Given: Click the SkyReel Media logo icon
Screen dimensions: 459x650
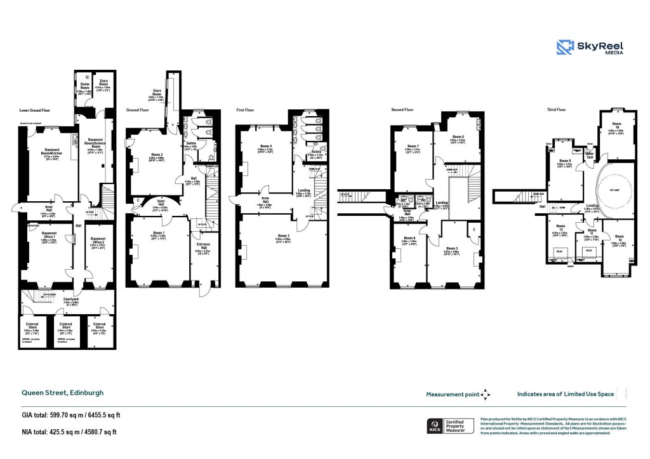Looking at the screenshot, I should pos(566,48).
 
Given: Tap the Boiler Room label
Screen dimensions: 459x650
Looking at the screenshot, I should pos(84,84).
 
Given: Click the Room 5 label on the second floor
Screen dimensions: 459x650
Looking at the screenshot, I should pos(451,248).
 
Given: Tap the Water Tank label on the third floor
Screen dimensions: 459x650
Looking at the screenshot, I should pos(590,153).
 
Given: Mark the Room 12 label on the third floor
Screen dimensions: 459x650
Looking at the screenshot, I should pos(618,237).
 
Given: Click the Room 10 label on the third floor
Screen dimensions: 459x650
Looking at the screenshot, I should pos(616,126).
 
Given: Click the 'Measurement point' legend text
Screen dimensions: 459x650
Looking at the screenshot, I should pos(453,394).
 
